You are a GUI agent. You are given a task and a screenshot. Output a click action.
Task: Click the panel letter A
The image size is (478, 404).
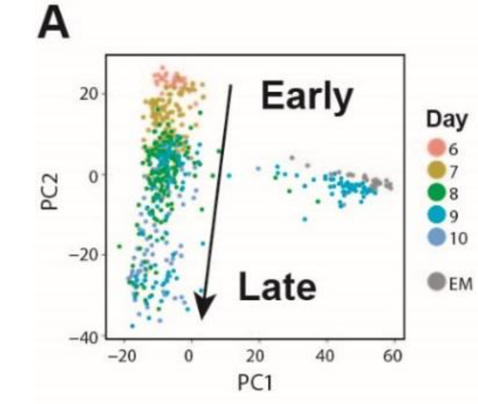[53, 24]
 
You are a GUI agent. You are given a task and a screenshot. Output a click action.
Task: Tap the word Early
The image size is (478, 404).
[306, 97]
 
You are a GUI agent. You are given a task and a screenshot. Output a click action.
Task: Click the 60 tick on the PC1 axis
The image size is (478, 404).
[393, 356]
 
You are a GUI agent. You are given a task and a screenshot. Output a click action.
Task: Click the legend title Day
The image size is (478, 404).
[446, 120]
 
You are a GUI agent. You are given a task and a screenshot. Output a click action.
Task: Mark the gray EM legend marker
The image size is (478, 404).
[435, 282]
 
